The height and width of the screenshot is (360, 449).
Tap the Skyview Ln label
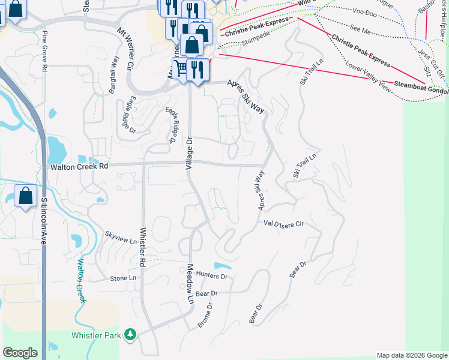pos(121,237)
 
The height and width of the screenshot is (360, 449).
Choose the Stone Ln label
pos(124,278)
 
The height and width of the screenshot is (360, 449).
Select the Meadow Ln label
pos(190,284)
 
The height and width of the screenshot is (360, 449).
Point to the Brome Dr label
pos(206,316)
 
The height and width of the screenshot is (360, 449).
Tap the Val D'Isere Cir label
pos(285,223)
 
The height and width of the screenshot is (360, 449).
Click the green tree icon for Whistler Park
pos(130,335)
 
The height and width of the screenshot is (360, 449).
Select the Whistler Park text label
pos(96,335)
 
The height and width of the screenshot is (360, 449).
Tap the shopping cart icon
pos(179,67)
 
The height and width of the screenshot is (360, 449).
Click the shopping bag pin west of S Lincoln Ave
pos(25,196)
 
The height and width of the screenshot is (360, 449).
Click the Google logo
pos(20,353)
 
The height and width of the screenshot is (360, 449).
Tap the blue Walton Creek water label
pos(80,279)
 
